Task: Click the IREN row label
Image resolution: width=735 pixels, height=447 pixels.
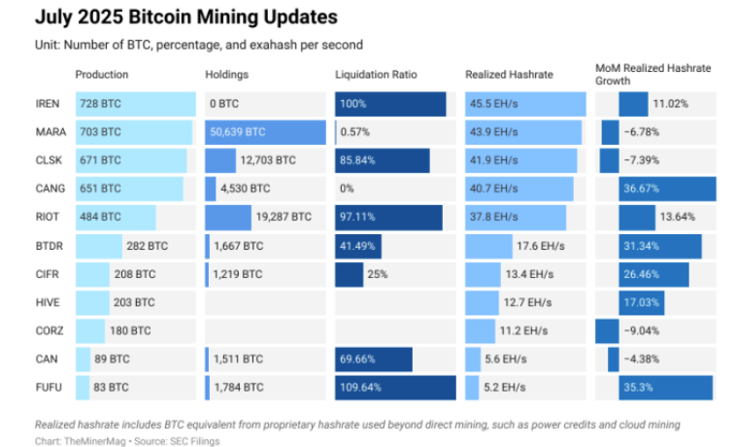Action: pyautogui.click(x=48, y=104)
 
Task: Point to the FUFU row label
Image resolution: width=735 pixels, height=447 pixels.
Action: pyautogui.click(x=48, y=388)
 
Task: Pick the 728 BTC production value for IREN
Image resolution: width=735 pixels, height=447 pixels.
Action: pyautogui.click(x=101, y=104)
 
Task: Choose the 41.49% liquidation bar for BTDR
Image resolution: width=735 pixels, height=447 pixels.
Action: pyautogui.click(x=357, y=246)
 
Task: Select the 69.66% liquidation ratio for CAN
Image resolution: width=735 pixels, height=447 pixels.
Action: pyautogui.click(x=358, y=360)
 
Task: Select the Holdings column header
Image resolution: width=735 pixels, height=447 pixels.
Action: pyautogui.click(x=227, y=75)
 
